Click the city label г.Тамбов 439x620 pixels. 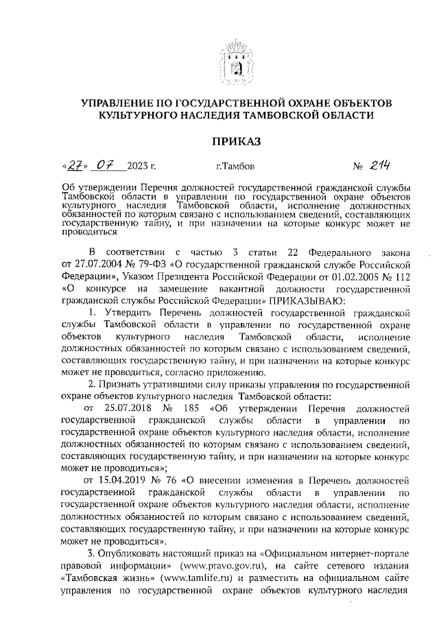(x=235, y=167)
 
